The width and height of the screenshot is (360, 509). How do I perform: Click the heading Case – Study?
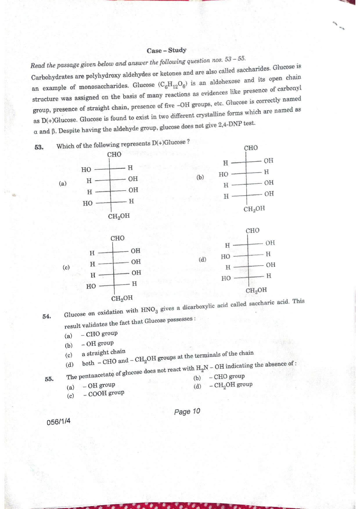tap(166, 50)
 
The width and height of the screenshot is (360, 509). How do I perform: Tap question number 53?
tap(39, 147)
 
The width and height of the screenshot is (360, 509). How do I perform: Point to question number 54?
tap(47, 316)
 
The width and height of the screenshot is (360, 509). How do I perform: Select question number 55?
tap(49, 379)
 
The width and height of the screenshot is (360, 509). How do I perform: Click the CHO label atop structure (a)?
tap(114, 154)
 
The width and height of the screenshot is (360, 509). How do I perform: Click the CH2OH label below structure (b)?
tap(254, 209)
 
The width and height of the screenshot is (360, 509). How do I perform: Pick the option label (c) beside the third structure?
tap(66, 267)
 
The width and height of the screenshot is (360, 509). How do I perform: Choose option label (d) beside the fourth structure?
tap(202, 259)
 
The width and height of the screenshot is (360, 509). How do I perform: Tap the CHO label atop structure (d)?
tap(252, 231)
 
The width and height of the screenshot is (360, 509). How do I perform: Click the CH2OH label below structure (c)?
tap(122, 298)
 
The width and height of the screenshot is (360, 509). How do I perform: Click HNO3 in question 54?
tap(149, 310)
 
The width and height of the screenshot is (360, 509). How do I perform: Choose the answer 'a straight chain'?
tap(103, 353)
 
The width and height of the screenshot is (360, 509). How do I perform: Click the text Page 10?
tap(187, 411)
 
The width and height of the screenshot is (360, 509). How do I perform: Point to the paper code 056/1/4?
tap(58, 421)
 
